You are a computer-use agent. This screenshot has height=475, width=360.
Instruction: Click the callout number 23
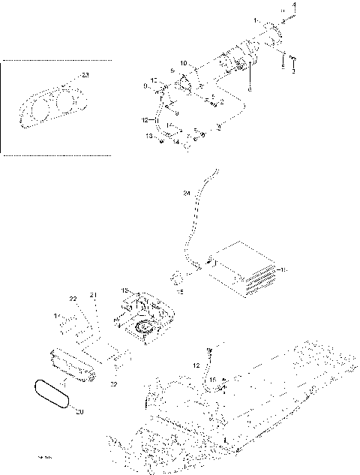[x=85, y=76]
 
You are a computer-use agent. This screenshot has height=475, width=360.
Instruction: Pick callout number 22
[x=73, y=299]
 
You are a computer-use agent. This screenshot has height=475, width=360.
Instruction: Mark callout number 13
[x=149, y=136]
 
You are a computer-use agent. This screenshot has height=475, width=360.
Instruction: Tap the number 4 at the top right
[x=294, y=5]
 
